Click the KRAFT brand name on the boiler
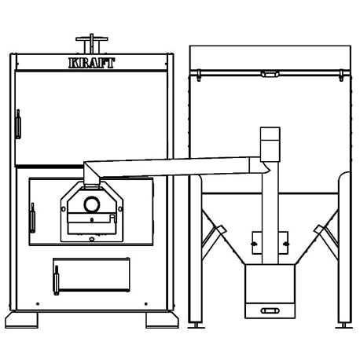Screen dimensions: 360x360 (x=91, y=63)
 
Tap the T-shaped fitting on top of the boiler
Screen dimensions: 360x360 (x=92, y=43)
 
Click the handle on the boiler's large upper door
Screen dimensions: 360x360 (x=18, y=124)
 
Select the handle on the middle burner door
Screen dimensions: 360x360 (x=32, y=218)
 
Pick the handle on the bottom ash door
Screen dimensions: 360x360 (x=57, y=280)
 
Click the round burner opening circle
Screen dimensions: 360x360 (x=92, y=204)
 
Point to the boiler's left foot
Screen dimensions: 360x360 (x=21, y=320)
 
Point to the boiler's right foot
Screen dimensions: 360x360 (x=162, y=320)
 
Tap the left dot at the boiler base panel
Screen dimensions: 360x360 (x=38, y=304)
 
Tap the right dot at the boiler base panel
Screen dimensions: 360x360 (x=146, y=304)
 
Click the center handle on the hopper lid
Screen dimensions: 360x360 (x=270, y=74)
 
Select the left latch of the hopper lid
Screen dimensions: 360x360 (x=199, y=75)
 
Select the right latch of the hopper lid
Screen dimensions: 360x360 (x=341, y=75)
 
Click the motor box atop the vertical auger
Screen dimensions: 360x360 (x=270, y=145)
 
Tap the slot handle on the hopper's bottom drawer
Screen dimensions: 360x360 (x=270, y=311)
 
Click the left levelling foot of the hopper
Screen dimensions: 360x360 (x=197, y=325)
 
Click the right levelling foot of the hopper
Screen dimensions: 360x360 (x=344, y=325)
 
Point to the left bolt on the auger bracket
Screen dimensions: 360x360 (x=254, y=244)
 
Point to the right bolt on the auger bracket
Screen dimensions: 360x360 (x=286, y=244)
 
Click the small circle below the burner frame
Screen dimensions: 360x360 (x=92, y=239)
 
